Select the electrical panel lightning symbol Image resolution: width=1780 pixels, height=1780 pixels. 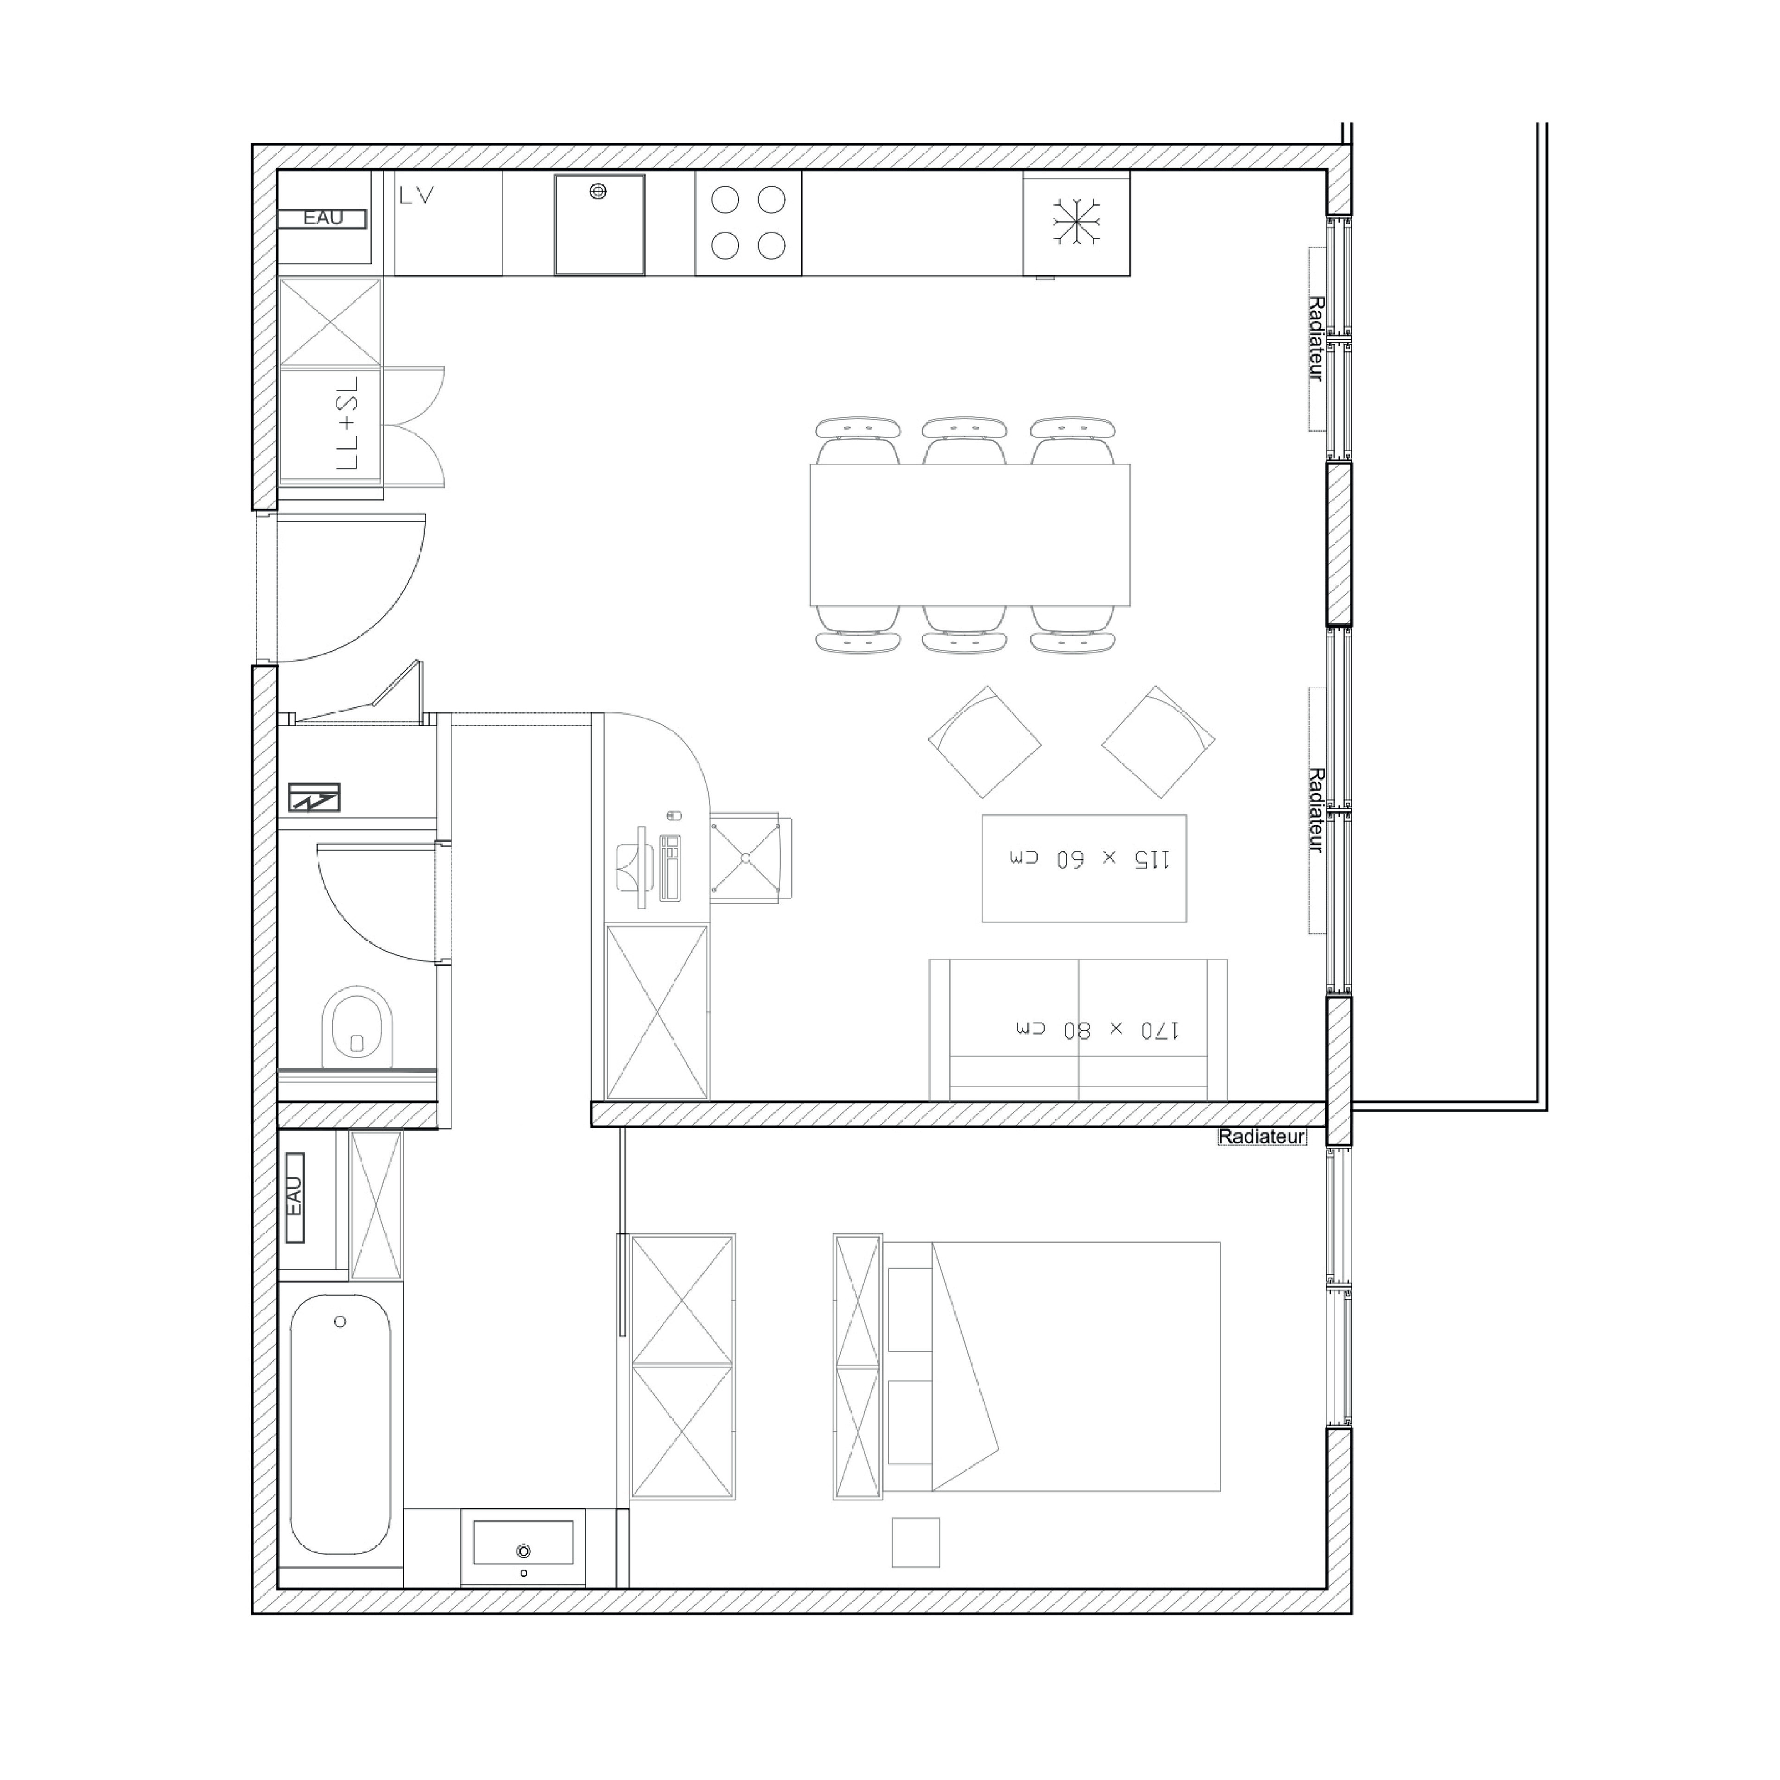(x=314, y=797)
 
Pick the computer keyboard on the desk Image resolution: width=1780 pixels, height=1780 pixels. (x=670, y=867)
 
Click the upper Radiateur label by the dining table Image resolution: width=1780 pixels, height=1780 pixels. (x=1316, y=339)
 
